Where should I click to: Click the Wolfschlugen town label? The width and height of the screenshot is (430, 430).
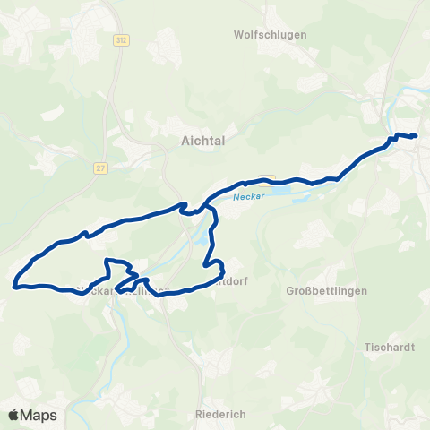click(x=270, y=35)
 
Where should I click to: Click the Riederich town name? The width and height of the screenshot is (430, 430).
click(x=219, y=415)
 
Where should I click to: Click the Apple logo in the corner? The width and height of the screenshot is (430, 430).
click(x=14, y=415)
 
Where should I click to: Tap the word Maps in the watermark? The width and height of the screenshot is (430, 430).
click(x=39, y=415)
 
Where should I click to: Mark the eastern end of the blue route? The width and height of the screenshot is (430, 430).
click(x=417, y=136)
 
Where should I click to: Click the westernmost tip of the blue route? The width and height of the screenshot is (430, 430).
click(x=14, y=287)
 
